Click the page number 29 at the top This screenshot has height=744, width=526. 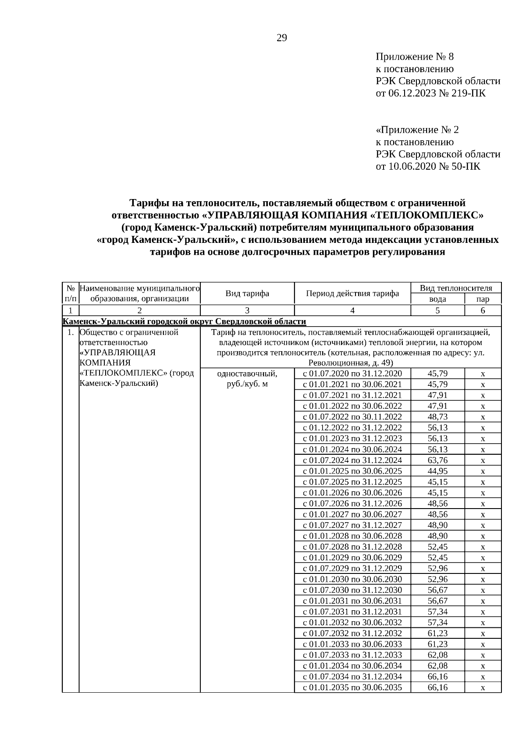click(x=282, y=38)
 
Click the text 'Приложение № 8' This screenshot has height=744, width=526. click(x=415, y=57)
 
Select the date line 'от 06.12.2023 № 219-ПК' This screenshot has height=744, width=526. click(x=430, y=93)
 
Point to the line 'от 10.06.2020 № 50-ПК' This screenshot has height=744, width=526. click(x=428, y=167)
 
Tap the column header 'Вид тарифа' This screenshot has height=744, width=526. click(x=247, y=293)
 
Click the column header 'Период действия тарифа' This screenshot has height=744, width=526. click(x=352, y=293)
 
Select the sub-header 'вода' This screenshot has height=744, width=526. click(x=437, y=299)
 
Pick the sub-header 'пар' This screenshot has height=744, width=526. click(x=483, y=299)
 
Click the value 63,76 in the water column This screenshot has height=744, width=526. click(x=437, y=460)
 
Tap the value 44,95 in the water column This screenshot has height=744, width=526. click(x=437, y=471)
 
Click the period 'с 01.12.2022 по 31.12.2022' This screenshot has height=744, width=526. click(x=352, y=428)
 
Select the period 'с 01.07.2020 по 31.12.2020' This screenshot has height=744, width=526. click(x=352, y=374)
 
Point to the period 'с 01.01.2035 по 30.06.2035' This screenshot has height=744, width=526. click(x=352, y=687)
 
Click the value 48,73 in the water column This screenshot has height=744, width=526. click(x=437, y=417)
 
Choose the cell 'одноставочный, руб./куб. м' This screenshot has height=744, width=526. click(x=247, y=379)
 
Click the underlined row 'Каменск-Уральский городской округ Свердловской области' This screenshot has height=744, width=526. click(x=184, y=321)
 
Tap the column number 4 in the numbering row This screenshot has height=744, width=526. click(x=352, y=310)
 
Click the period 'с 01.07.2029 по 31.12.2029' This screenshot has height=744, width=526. click(x=352, y=569)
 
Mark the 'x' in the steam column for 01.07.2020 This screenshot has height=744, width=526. click(x=483, y=374)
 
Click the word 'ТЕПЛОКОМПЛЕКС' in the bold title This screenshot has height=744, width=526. click(x=425, y=215)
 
